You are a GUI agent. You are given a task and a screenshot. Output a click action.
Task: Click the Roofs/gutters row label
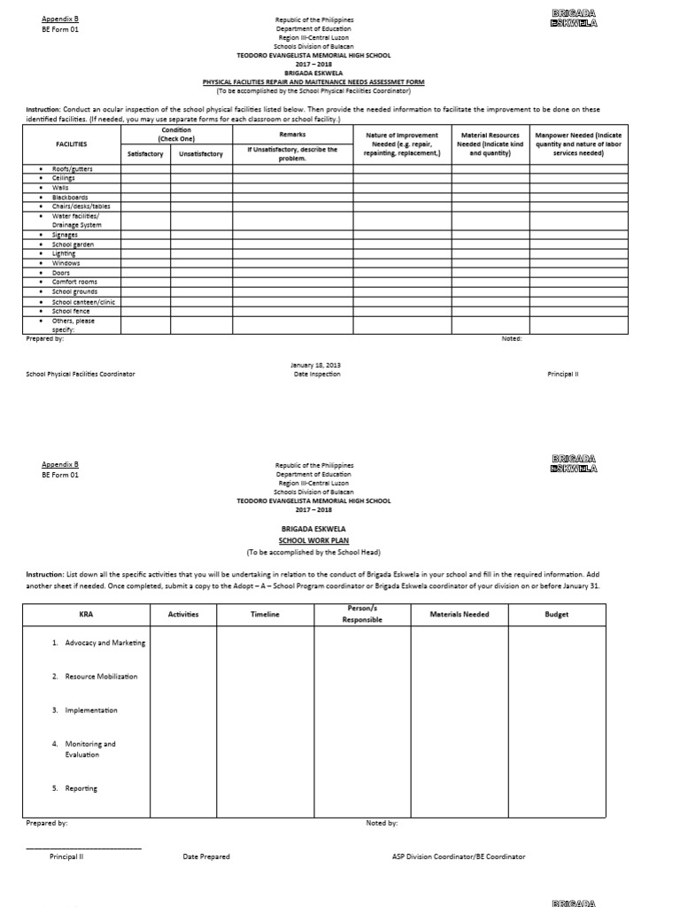click(x=72, y=168)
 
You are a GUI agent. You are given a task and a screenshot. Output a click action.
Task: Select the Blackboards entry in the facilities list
click(x=70, y=197)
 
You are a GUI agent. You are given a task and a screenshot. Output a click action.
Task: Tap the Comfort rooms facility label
click(x=74, y=282)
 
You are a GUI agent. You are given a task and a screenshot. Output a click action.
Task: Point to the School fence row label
click(x=73, y=311)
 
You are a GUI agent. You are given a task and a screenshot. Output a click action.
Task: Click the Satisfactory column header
click(x=145, y=153)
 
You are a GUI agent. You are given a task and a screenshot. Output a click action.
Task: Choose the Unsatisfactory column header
click(x=201, y=153)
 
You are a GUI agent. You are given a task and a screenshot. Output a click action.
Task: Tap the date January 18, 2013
click(x=316, y=365)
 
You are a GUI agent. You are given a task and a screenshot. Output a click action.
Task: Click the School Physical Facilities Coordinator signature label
click(x=81, y=375)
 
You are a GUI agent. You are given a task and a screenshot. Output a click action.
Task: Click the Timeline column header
click(x=265, y=615)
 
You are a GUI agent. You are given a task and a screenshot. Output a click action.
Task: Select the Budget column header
click(x=556, y=615)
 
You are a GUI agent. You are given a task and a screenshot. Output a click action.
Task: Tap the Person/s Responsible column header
click(x=361, y=614)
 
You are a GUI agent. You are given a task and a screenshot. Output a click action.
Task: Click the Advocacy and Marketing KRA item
click(x=104, y=643)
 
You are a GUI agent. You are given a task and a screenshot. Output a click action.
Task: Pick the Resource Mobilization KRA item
click(x=101, y=677)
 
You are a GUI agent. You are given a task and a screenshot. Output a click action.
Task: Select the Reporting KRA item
click(x=81, y=788)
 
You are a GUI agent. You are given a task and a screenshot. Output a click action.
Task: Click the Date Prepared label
click(x=206, y=857)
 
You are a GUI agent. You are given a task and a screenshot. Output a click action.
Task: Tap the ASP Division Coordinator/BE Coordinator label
click(x=459, y=857)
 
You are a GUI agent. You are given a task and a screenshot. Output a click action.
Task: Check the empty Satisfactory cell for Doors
click(x=145, y=273)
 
